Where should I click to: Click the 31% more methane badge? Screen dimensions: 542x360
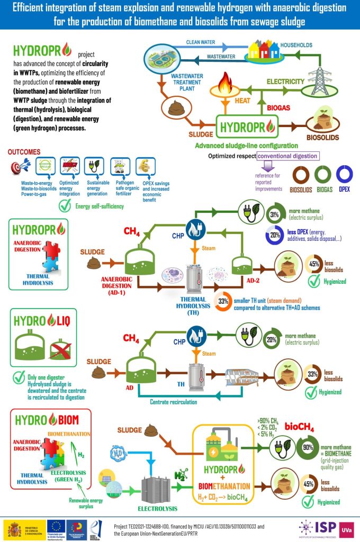(275, 215)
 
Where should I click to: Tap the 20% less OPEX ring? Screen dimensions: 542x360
(274, 235)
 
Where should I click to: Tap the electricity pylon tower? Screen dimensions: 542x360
(321, 72)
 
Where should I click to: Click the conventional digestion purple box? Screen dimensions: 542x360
(288, 156)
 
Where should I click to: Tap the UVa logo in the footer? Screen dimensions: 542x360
(346, 528)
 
